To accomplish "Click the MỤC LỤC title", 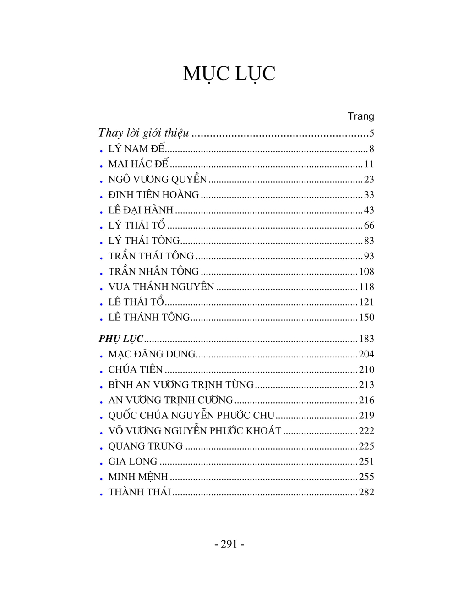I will click(229, 73).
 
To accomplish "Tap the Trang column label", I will click(360, 116).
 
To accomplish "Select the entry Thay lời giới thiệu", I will click(143, 133).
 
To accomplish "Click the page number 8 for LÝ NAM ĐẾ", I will click(371, 149).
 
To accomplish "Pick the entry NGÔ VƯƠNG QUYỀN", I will click(158, 180).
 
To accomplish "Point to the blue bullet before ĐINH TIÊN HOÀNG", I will click(101, 196).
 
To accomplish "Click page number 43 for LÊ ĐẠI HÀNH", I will click(369, 210).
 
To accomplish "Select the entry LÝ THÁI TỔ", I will click(136, 225).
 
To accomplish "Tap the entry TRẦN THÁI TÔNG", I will click(151, 256).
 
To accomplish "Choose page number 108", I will click(366, 271).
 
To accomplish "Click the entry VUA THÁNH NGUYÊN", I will click(161, 287).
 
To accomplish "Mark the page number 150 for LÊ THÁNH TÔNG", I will click(366, 318).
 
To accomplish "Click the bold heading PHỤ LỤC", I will click(121, 339).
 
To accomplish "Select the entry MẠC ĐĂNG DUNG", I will click(152, 354).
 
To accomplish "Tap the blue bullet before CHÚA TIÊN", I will click(101, 371).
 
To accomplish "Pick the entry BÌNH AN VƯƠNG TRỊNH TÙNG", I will click(180, 385).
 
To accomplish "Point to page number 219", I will click(366, 416).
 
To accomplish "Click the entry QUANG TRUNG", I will click(145, 446).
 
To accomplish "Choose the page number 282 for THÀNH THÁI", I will click(366, 492).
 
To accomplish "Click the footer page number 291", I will click(229, 544).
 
